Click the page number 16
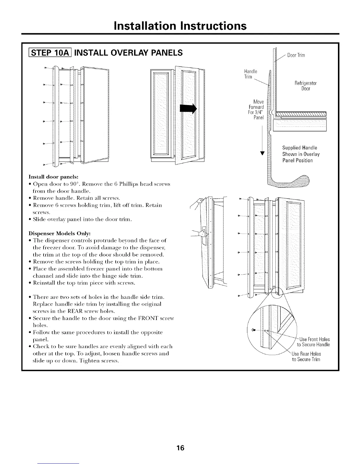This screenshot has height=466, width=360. [180, 448]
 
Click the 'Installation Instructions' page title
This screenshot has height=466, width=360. [180, 26]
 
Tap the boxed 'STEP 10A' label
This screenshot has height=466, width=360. [49, 53]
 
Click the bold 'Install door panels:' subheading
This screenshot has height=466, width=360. [53, 177]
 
